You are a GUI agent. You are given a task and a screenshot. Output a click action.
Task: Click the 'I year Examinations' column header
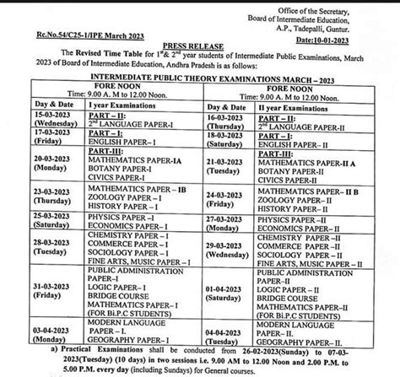pyautogui.click(x=112, y=120)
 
